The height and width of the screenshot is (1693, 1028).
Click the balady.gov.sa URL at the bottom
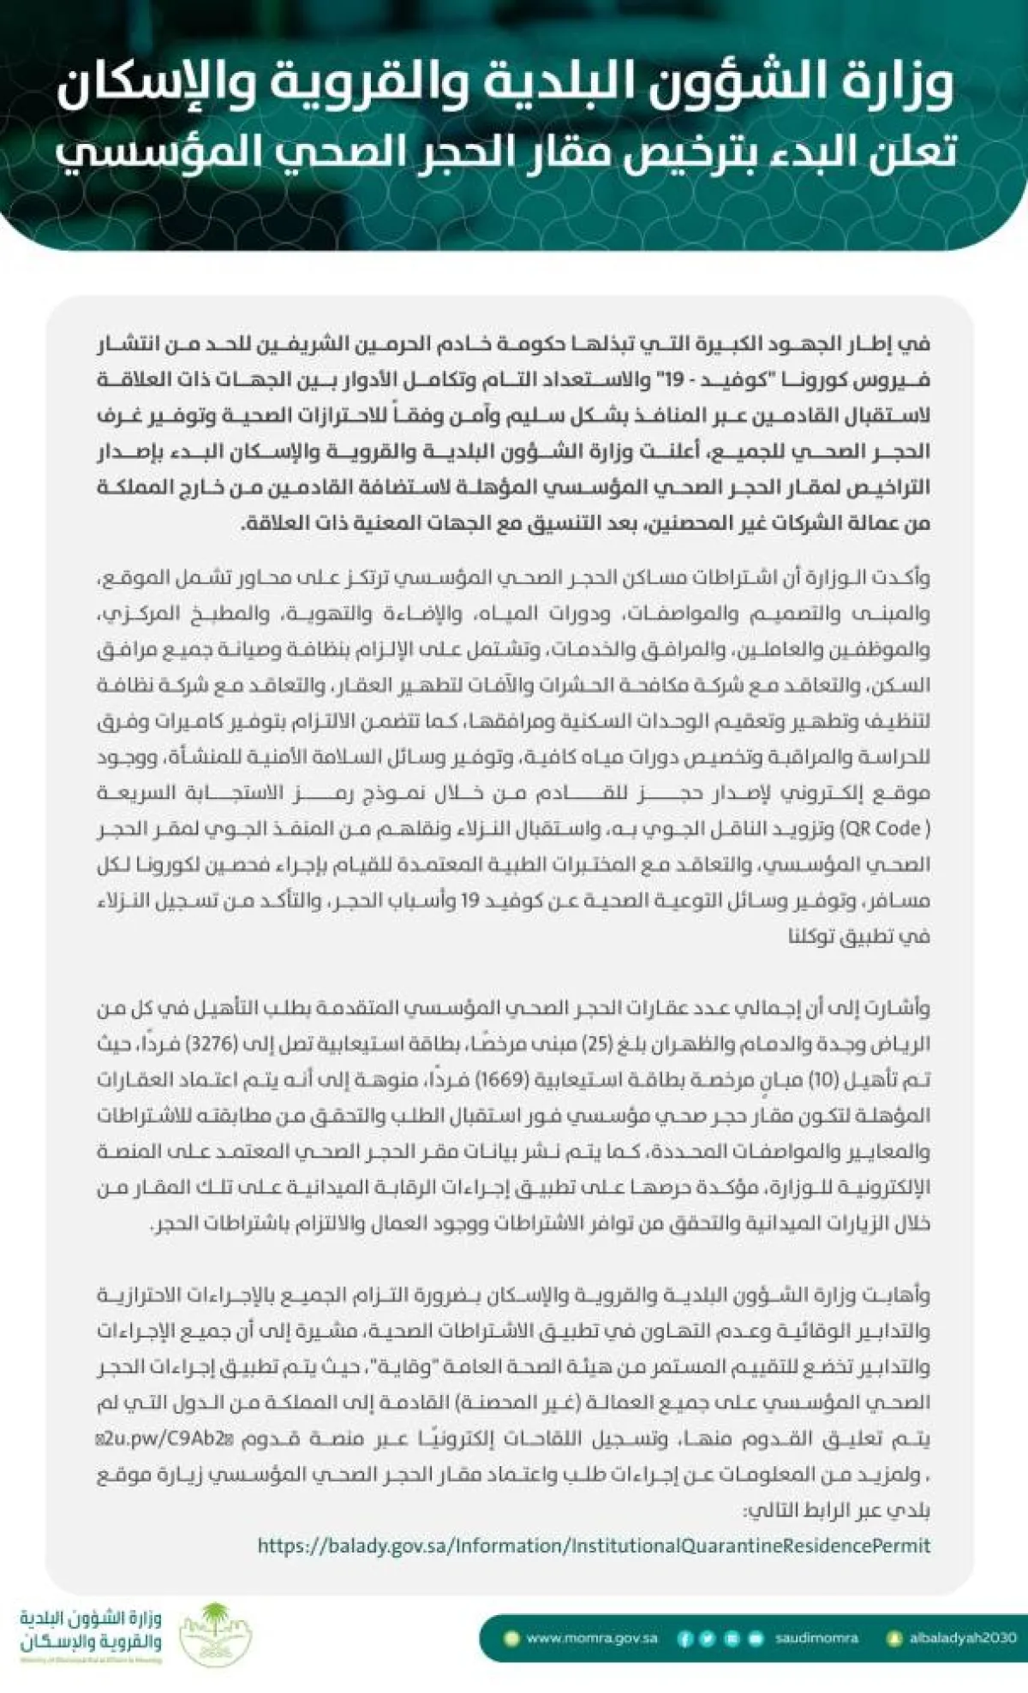(x=593, y=1546)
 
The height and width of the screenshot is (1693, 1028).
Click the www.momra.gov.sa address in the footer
(x=591, y=1638)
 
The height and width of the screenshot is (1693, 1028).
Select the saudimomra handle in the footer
(x=816, y=1638)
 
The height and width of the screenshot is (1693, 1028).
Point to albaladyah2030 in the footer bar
(x=962, y=1638)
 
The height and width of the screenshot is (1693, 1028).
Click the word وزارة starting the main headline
(x=906, y=83)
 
